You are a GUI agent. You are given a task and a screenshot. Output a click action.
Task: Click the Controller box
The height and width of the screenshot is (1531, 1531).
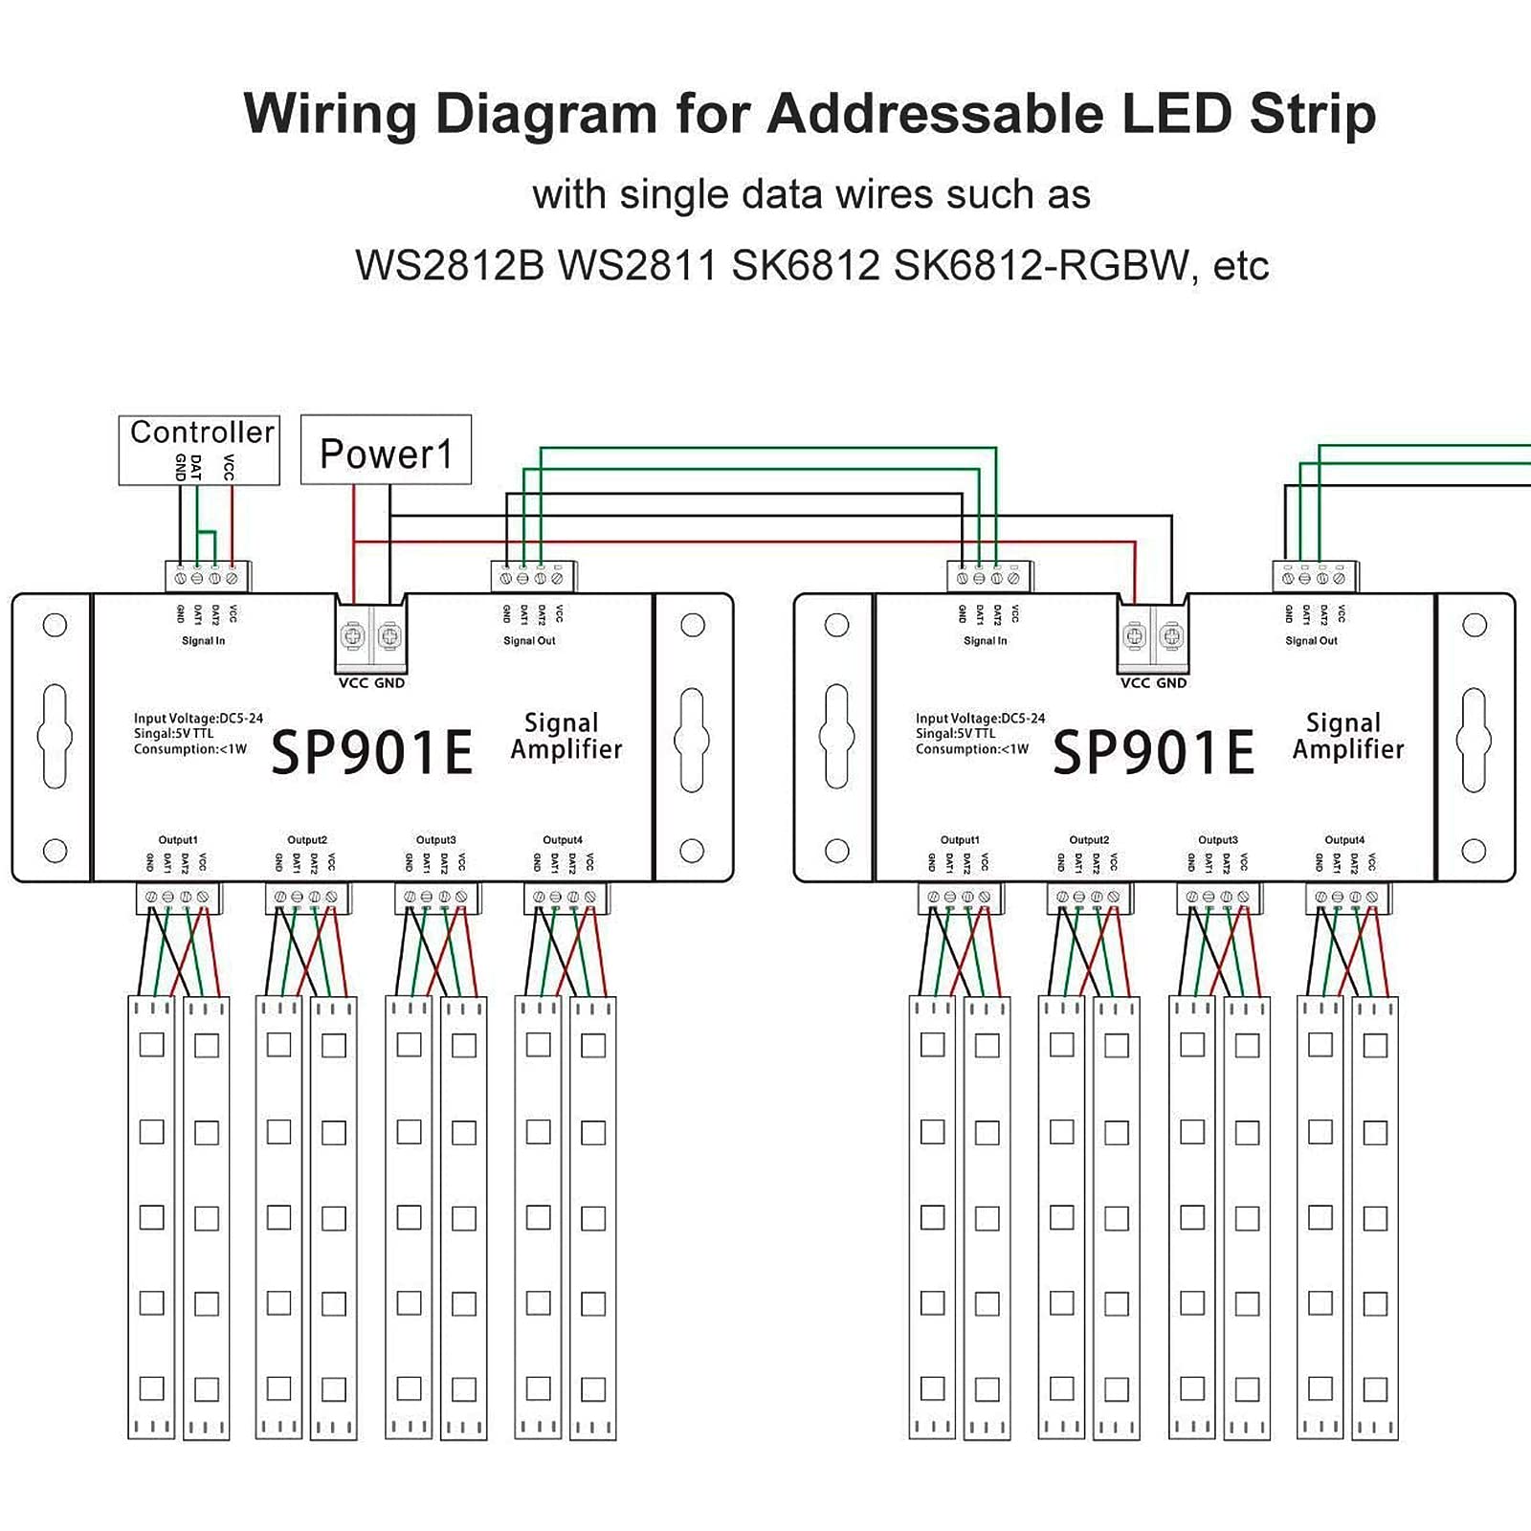coord(199,449)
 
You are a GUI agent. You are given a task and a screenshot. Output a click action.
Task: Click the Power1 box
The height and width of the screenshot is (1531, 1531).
coord(386,451)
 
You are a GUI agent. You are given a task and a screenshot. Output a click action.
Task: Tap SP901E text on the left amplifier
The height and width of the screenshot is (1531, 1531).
coord(372,751)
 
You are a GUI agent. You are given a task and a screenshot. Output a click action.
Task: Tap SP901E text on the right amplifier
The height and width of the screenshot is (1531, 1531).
coord(1154,751)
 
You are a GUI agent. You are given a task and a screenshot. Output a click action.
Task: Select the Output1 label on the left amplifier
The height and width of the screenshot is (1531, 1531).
coord(177,840)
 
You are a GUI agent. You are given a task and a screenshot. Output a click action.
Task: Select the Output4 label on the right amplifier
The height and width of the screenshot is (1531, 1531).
coord(1344,840)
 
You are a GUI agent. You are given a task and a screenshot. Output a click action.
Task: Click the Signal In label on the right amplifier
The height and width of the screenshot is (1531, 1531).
coord(985,641)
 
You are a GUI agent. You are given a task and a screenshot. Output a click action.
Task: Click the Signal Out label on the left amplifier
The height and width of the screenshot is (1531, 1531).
coord(529,641)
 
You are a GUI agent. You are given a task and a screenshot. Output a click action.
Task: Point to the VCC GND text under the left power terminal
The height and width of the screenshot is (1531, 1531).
coord(371,683)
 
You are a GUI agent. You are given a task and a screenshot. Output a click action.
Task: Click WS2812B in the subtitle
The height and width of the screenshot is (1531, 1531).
coord(449,265)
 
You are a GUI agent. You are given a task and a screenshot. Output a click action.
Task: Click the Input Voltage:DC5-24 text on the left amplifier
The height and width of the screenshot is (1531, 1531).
coord(198,719)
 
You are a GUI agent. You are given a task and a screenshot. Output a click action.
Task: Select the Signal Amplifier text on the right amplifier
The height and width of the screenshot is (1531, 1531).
coord(1347,736)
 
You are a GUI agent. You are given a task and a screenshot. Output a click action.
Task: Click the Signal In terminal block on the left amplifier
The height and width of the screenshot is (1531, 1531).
coord(207,577)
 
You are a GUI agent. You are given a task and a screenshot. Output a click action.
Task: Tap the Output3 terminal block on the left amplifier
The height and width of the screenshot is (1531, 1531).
coord(437,898)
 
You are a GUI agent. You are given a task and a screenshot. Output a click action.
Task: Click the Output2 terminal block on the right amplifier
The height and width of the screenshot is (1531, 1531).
coord(1089,898)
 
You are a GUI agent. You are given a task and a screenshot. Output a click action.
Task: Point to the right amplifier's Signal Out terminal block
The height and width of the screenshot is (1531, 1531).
coord(1315,577)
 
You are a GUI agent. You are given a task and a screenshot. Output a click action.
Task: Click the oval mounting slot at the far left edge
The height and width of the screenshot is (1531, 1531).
coord(55,736)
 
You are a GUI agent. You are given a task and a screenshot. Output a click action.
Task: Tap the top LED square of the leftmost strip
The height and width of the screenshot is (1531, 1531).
coord(152,1044)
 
